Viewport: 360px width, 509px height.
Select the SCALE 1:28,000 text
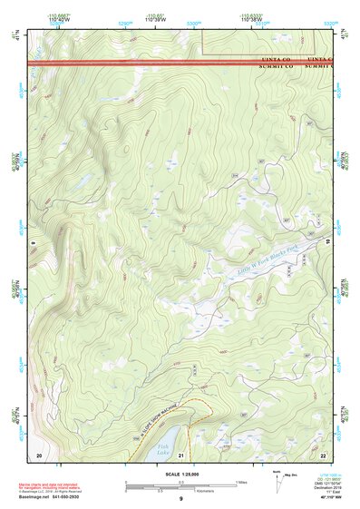click(180, 475)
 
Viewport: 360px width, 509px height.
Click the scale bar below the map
click(180, 485)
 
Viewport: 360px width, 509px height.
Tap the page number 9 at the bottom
click(181, 500)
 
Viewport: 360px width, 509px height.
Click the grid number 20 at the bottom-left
click(38, 454)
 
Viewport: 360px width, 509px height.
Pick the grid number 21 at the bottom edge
click(181, 454)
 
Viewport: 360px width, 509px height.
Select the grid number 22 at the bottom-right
click(323, 454)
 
